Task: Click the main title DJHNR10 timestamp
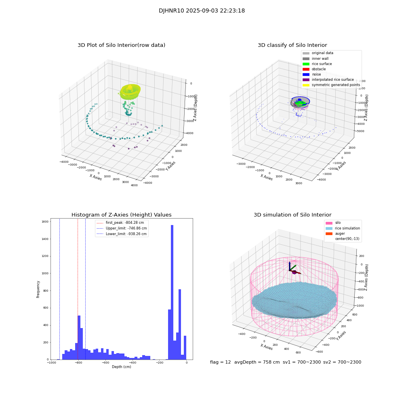[202, 11]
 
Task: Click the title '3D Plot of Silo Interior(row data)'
[121, 45]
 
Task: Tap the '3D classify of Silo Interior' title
[292, 45]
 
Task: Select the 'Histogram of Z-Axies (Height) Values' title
[121, 215]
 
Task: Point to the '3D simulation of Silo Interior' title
[292, 215]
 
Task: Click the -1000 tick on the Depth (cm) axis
[51, 363]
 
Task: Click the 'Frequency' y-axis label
[38, 289]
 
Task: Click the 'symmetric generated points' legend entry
[335, 85]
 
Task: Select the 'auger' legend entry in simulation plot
[340, 234]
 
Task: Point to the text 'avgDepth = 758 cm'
[257, 362]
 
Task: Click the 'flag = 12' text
[220, 362]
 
